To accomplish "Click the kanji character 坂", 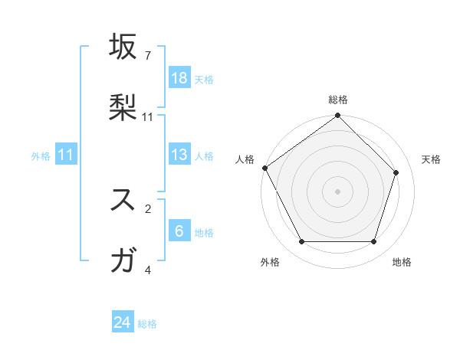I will (x=124, y=47).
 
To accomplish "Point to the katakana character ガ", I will (x=124, y=260).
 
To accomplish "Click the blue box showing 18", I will (x=179, y=78).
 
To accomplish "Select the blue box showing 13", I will (x=179, y=155).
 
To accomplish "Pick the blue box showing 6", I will (x=179, y=231).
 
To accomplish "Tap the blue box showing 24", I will (x=123, y=323).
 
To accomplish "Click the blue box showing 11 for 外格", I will (x=66, y=155).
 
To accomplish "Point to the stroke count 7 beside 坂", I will (x=148, y=56).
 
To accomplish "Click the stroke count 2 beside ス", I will (x=148, y=208).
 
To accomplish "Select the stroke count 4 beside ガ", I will (x=148, y=270).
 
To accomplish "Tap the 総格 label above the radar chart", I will (x=338, y=100).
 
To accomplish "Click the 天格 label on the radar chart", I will (x=431, y=159).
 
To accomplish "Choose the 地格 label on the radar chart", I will (x=402, y=262).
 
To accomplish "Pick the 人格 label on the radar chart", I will (x=245, y=159).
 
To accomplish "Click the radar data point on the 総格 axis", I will (x=338, y=116).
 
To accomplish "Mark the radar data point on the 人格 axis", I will (x=264, y=168).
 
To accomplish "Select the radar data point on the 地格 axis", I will (x=373, y=242).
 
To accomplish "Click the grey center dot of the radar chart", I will (x=338, y=191).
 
